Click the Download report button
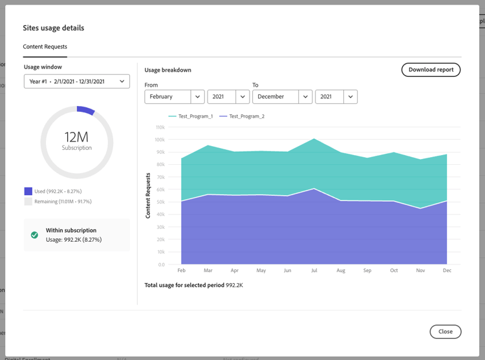click(431, 69)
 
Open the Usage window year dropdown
click(77, 81)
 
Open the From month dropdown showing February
click(175, 96)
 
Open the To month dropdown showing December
click(282, 96)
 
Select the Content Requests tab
click(45, 47)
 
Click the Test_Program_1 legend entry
click(191, 116)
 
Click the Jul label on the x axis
click(314, 270)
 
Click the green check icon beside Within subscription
click(34, 235)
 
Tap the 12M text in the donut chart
click(76, 136)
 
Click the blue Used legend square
click(28, 191)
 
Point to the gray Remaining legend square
click(28, 202)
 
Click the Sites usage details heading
click(54, 28)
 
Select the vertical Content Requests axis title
click(147, 195)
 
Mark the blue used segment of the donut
click(86, 111)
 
